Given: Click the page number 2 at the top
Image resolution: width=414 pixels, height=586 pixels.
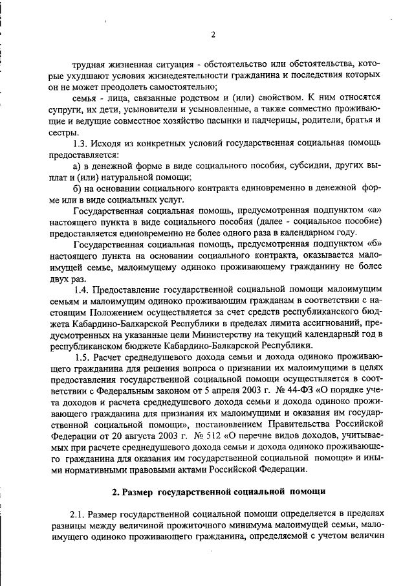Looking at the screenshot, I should tap(212, 34).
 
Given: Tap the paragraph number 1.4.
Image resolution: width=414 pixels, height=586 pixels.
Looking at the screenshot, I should tap(82, 288).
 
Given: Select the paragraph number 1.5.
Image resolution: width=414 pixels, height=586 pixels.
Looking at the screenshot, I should tap(82, 357).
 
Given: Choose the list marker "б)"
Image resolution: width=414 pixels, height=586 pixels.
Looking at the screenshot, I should tap(78, 188).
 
